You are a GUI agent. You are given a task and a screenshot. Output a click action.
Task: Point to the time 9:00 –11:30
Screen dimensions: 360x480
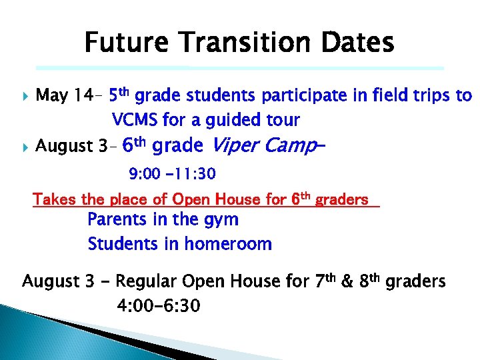(172, 175)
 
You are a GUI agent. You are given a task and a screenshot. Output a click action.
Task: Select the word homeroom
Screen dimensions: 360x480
(227, 244)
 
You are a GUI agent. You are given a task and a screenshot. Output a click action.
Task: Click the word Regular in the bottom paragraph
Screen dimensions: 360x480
(150, 282)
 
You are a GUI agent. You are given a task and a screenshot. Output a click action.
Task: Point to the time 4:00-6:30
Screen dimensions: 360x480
(158, 306)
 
